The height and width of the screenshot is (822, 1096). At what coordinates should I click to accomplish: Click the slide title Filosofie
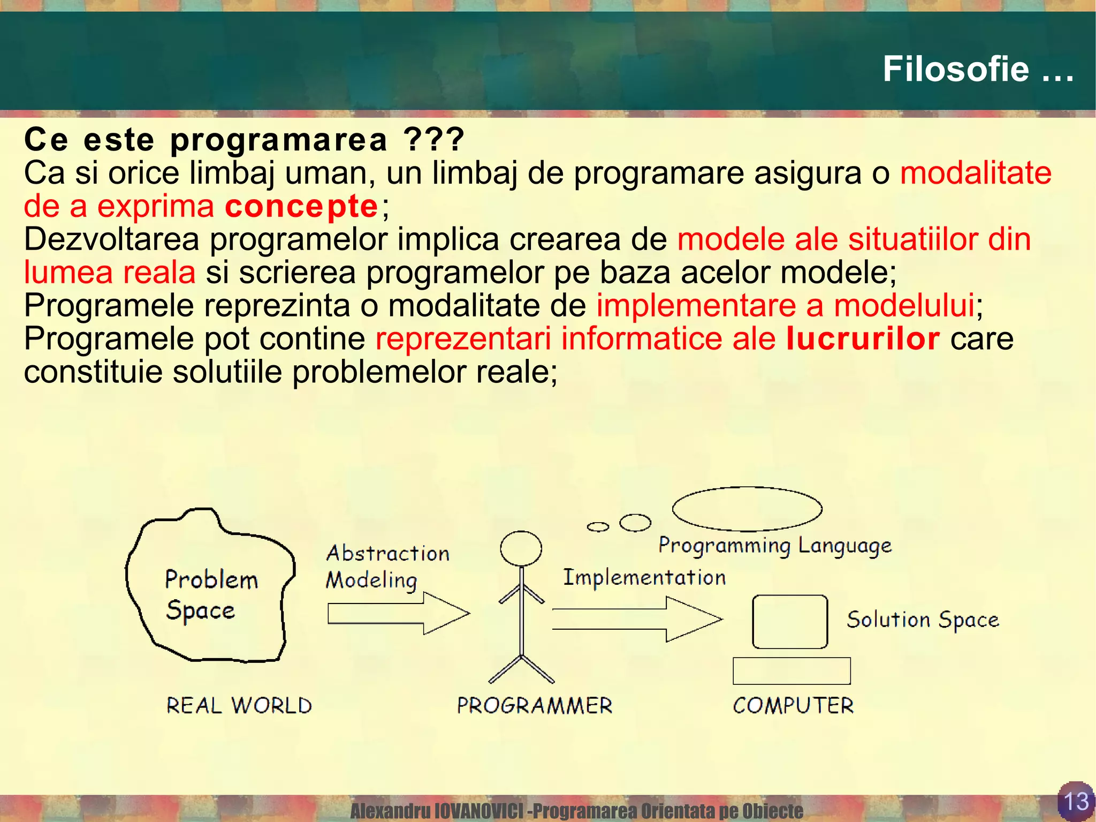coord(977,70)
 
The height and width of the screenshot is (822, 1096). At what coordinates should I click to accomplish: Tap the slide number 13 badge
coord(1076,801)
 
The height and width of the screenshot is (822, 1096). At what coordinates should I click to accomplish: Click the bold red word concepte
coord(301,206)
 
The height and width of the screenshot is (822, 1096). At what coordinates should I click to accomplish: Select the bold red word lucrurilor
coord(863,339)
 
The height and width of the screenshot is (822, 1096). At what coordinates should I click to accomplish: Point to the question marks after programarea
coord(434,140)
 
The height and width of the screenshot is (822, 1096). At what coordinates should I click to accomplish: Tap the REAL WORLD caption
coord(239,705)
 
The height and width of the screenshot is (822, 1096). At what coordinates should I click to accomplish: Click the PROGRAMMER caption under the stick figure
coord(534,705)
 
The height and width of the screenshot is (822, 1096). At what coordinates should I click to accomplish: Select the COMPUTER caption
coord(793,705)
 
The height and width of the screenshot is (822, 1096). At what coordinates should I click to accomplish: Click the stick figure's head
coord(521,548)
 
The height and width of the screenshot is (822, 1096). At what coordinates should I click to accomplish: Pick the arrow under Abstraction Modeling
coord(399,614)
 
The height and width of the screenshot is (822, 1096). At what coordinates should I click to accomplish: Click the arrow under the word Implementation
coord(637,619)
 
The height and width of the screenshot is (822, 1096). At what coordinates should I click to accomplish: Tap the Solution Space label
coord(923,620)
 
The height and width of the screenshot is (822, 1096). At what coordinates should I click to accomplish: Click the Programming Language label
coord(775,546)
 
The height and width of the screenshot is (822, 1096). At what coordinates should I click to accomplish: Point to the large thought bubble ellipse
coord(747,509)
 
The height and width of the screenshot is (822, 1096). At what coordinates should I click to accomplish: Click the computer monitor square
coord(790,622)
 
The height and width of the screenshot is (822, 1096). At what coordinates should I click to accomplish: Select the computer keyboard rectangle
coord(791,671)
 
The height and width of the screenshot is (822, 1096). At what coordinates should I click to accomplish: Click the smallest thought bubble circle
coord(598,527)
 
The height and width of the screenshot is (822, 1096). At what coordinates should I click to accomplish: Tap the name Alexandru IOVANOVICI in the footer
coord(436,811)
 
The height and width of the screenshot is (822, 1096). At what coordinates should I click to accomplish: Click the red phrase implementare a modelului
coord(785,306)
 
